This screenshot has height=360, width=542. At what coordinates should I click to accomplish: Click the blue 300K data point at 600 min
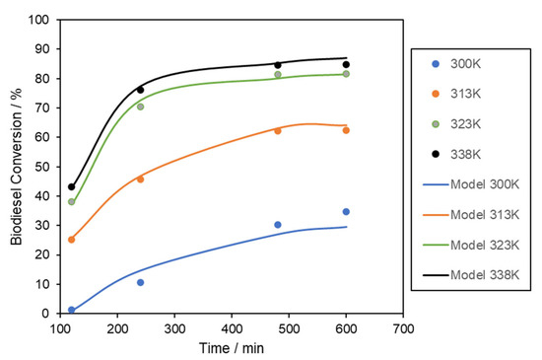coord(346,212)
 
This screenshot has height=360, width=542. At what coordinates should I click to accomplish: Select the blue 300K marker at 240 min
coord(140,282)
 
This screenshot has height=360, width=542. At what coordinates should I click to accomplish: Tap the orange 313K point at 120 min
coord(72,240)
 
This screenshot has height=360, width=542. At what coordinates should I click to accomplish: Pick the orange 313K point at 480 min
coord(278,131)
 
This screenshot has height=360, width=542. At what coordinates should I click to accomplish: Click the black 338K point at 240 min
coord(140,90)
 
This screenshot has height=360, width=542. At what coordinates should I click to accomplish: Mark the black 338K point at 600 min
coord(346,65)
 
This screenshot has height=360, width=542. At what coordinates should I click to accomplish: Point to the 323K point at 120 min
coord(72,201)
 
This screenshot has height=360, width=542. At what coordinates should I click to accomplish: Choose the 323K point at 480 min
coord(278,75)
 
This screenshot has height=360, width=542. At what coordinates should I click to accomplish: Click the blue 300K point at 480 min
coord(278,225)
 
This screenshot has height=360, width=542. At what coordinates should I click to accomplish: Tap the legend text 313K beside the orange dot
coord(465,94)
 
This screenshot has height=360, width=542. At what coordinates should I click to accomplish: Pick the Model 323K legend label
coord(485,245)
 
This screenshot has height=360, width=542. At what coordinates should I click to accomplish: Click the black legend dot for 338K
coord(436,154)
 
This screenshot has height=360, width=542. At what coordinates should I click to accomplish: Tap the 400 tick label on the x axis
coord(232,328)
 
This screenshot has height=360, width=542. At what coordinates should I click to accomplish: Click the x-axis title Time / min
coord(232,348)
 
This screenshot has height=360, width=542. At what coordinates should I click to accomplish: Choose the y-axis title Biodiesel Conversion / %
coord(16,167)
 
